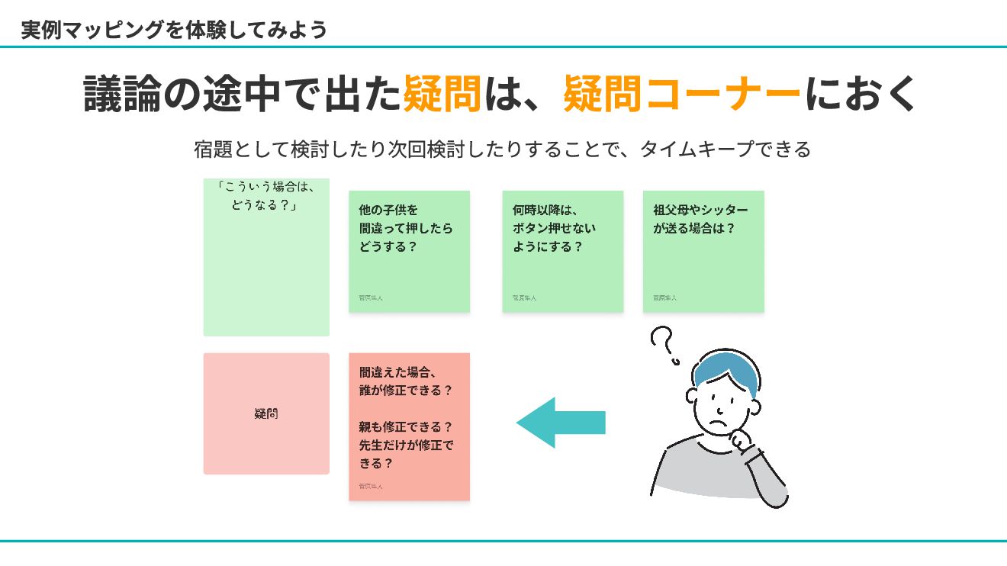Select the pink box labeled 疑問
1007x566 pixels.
[266, 413]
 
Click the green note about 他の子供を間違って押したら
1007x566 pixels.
[409, 251]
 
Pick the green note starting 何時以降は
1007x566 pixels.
[562, 251]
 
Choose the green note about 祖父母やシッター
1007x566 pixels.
[703, 251]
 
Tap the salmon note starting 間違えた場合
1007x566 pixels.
[409, 426]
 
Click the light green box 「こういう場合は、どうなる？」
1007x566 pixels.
[266, 257]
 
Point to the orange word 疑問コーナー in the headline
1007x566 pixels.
[682, 95]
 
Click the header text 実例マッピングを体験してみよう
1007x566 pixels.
[174, 30]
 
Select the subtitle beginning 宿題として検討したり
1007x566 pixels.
[502, 149]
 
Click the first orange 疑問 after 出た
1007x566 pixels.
[442, 95]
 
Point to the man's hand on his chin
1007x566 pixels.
[741, 440]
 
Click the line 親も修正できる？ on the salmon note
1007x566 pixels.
[406, 427]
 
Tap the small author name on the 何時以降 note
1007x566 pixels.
[524, 298]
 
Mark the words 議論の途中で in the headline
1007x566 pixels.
[222, 95]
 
